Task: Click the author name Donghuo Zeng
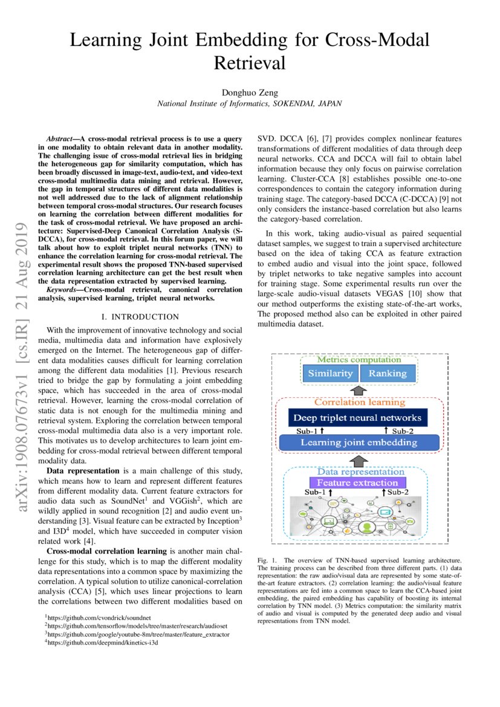click(249, 92)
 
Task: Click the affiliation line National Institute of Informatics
click(249, 103)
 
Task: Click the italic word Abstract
click(62, 138)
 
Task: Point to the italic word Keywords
click(64, 290)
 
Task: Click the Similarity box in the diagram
click(330, 373)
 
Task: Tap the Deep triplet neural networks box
click(357, 418)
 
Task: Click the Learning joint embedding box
click(359, 442)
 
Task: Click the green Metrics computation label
click(359, 360)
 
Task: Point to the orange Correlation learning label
click(359, 402)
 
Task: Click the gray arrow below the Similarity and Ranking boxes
click(359, 390)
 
